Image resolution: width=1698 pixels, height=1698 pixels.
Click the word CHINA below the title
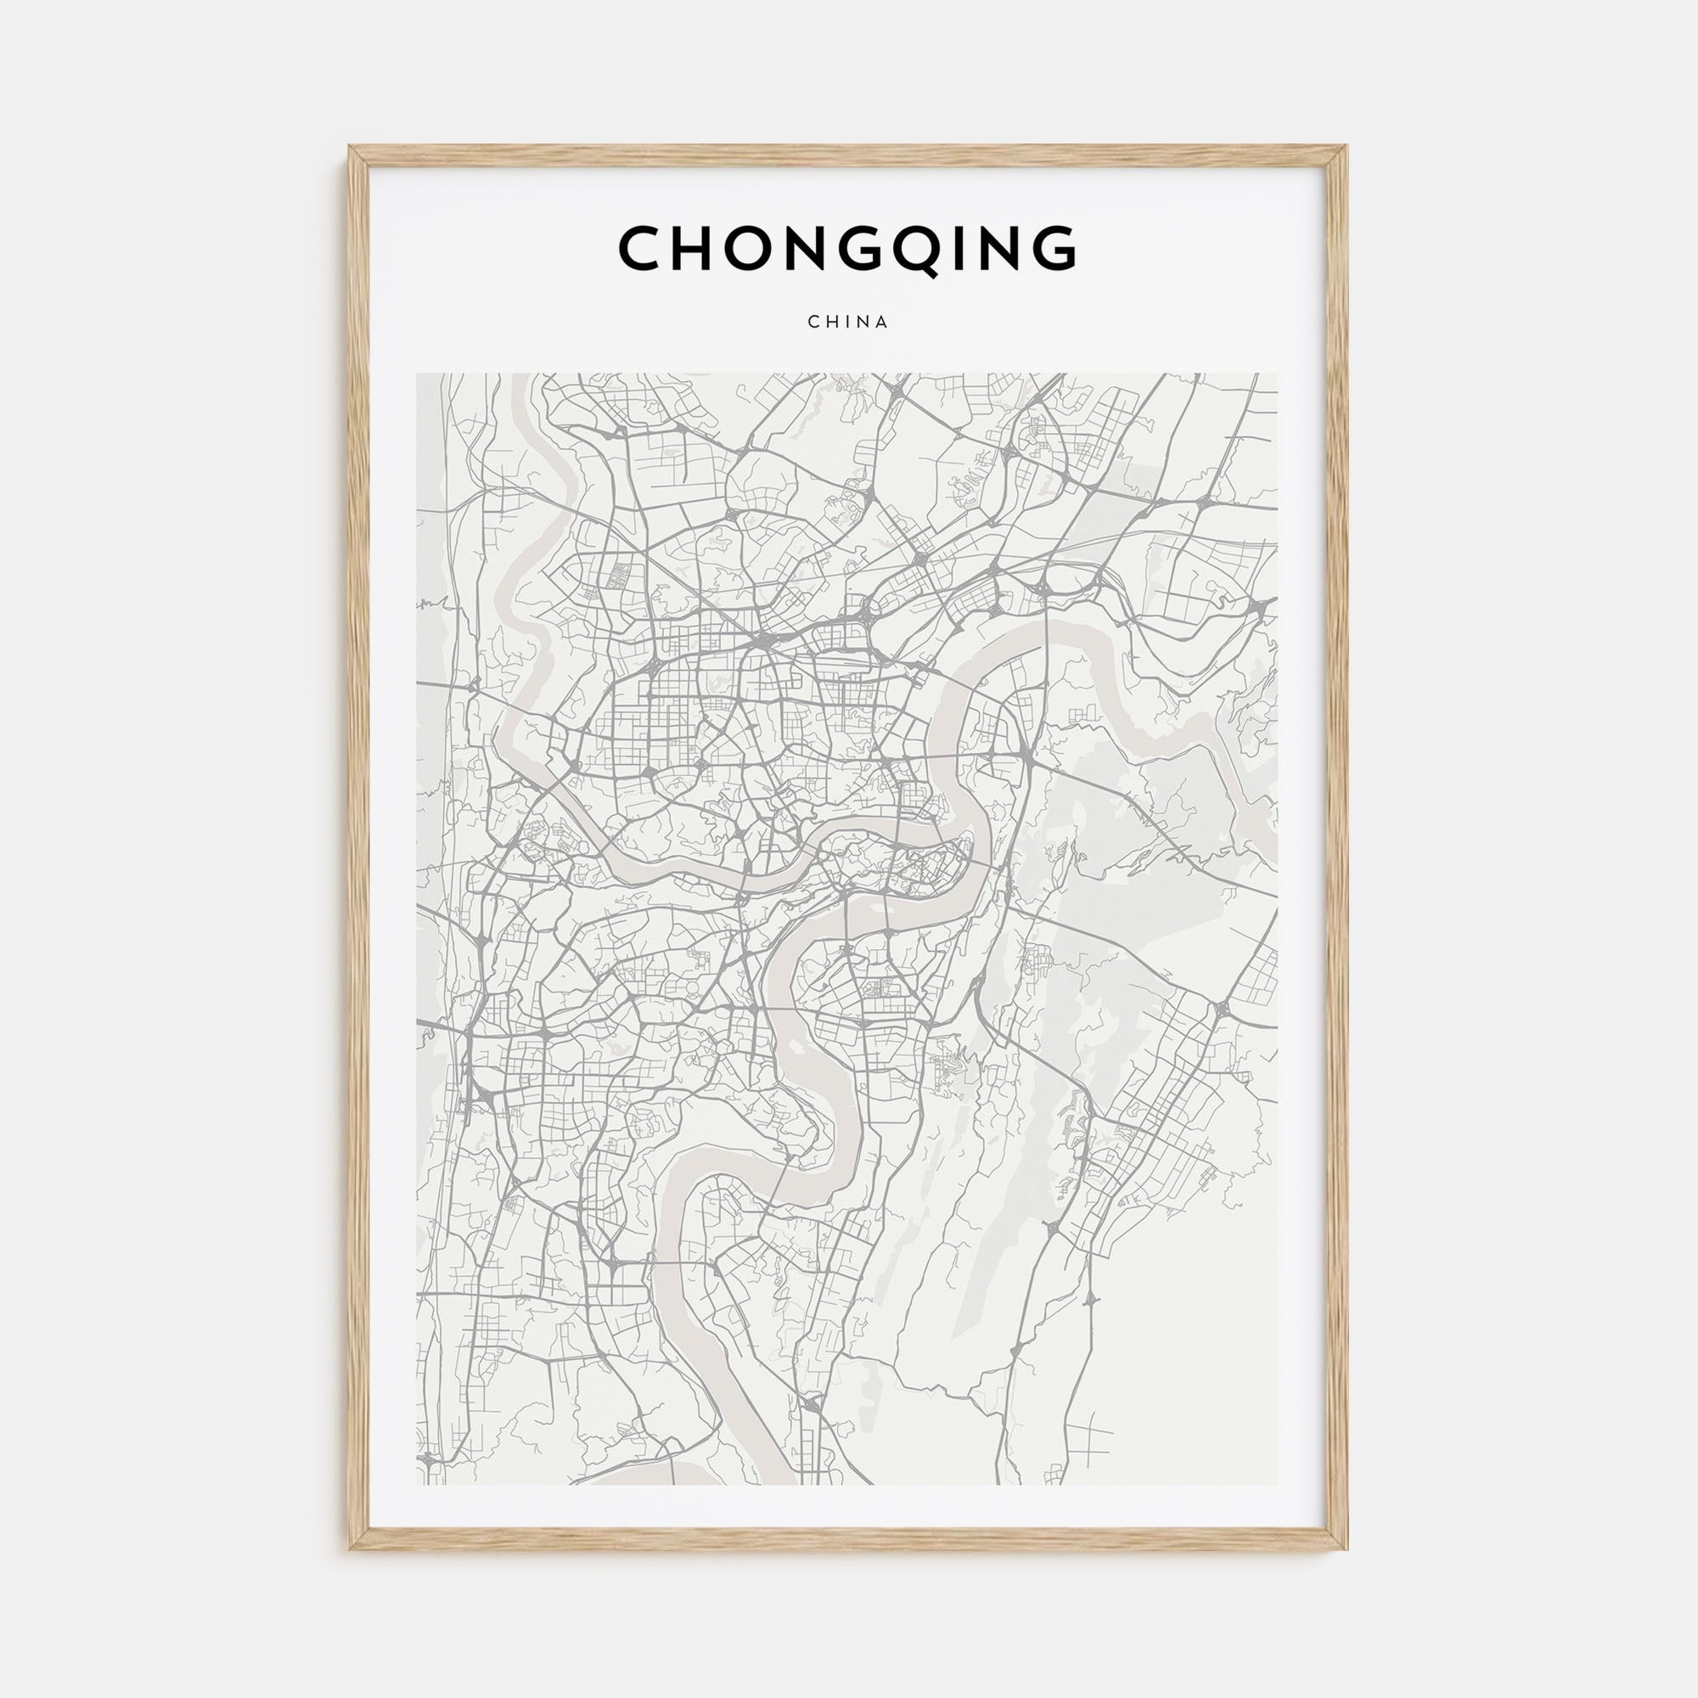[x=848, y=322]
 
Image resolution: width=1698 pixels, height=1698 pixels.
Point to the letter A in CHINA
[x=883, y=322]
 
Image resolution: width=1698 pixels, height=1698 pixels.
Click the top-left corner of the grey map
[x=417, y=374]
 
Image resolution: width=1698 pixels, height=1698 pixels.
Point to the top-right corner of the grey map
[x=1279, y=374]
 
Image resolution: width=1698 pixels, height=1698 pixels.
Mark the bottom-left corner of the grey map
[x=417, y=1484]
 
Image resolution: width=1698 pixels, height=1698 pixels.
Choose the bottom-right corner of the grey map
[x=1279, y=1484]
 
